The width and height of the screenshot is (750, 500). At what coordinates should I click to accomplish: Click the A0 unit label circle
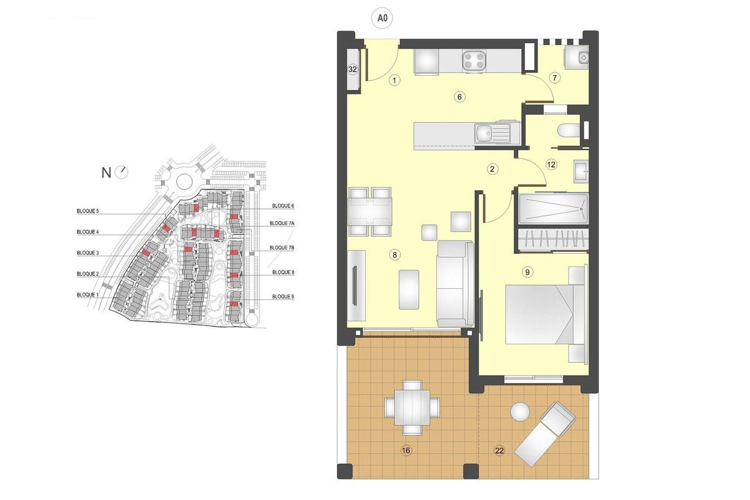coord(382,17)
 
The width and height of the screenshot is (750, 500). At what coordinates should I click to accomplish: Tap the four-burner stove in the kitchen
coord(474,61)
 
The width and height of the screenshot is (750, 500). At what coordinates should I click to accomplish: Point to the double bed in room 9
coord(546,314)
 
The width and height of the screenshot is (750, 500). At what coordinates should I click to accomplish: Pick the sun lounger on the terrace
coord(545,434)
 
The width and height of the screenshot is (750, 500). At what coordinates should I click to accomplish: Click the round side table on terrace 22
coord(520,411)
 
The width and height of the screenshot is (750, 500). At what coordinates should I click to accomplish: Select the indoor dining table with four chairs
coord(370,212)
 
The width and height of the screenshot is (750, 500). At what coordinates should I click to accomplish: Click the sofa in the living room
coord(456,284)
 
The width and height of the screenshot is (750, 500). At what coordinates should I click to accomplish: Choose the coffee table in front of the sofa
coord(409,289)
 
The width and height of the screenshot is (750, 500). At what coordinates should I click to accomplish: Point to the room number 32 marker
coord(352,69)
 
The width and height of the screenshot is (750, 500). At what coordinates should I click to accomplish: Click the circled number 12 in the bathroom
coord(551,164)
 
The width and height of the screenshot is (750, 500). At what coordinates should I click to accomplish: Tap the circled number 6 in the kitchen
coord(459,97)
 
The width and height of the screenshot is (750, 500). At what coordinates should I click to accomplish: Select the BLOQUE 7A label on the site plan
coord(282,223)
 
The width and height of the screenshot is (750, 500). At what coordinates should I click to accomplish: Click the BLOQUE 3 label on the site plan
coord(87,253)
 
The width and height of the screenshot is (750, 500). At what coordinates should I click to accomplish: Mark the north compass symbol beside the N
coord(121,172)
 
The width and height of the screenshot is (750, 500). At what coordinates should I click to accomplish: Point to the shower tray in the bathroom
coord(554,208)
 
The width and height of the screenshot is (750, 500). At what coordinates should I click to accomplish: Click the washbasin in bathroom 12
coord(581,171)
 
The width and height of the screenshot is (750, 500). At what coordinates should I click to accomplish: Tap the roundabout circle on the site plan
coord(184,182)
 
